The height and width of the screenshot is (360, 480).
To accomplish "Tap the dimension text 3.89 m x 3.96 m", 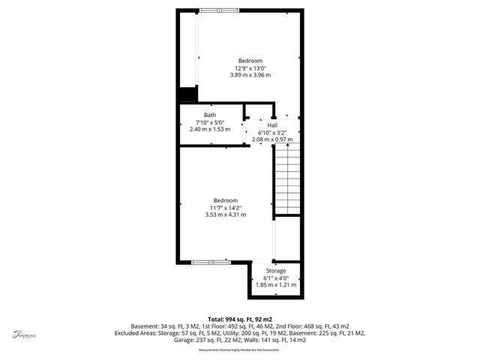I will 250,75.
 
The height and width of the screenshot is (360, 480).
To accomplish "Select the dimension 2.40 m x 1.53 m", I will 210,130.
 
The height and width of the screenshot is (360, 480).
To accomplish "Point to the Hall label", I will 283,124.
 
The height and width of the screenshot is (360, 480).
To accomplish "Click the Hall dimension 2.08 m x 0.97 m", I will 283,139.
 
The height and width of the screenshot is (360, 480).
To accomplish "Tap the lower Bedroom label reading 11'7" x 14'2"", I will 225,200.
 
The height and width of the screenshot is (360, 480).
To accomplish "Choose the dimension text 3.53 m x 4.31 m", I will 225,214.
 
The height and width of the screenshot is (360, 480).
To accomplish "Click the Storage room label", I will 276,270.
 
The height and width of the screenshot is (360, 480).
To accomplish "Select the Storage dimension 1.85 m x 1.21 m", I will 276,285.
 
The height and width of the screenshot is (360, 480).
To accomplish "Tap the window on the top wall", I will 220,10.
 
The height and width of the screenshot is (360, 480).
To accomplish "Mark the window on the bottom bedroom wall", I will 211,262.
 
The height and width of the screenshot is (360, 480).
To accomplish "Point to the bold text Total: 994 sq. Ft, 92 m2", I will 239,319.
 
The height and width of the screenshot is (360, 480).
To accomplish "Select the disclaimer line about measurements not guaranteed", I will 238,350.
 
